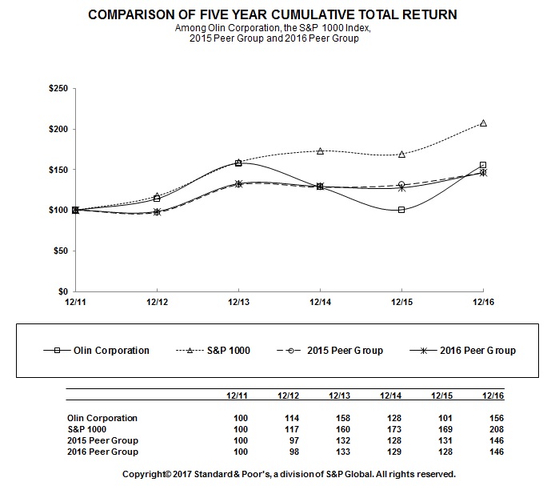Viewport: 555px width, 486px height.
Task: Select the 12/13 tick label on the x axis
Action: coord(238,302)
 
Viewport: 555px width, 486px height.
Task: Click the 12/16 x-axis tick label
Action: coord(482,302)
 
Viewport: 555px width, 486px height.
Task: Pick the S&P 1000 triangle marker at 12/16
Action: coord(483,123)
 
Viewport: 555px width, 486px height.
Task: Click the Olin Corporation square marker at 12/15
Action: coord(401,210)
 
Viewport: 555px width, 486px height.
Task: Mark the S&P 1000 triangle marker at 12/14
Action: coord(320,151)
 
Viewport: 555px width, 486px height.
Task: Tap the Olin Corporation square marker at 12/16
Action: coord(483,165)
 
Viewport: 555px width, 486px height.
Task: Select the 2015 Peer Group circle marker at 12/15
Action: coord(401,185)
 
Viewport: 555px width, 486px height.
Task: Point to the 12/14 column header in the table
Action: coord(390,395)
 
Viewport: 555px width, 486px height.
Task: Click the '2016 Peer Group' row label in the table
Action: coord(103,452)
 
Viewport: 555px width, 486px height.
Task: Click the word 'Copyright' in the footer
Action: coord(145,474)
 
